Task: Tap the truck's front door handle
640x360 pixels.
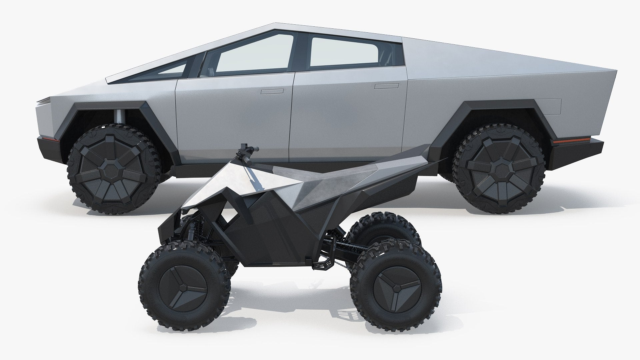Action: (272, 91)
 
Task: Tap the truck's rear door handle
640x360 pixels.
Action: (384, 86)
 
